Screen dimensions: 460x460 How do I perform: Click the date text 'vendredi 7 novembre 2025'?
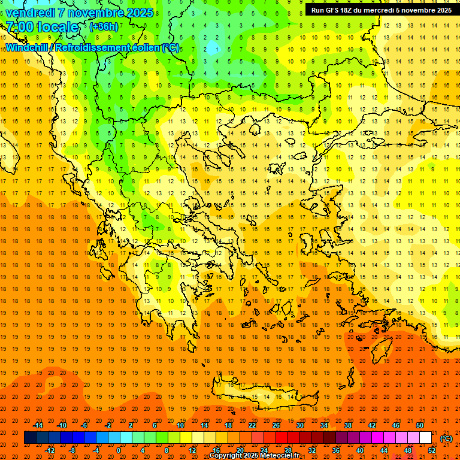[x=80, y=13]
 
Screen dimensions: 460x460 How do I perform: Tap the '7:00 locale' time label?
[x=42, y=27]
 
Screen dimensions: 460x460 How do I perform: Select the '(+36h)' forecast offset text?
[x=104, y=27]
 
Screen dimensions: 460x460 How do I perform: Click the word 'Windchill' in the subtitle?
[x=28, y=47]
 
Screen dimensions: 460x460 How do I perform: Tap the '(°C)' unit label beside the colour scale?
[x=446, y=438]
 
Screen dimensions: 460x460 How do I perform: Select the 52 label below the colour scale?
[x=432, y=450]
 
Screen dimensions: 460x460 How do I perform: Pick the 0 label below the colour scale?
[x=118, y=450]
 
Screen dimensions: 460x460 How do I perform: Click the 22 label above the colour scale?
[x=252, y=425]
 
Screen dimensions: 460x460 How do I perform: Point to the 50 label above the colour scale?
[x=420, y=425]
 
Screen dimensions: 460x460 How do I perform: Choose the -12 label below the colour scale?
[x=50, y=450]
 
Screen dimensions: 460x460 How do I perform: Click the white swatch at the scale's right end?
[x=426, y=438]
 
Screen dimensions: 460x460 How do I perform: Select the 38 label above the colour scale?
[x=348, y=425]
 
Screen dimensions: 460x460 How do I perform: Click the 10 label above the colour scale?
[x=180, y=425]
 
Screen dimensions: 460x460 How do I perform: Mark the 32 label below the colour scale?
[x=312, y=450]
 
